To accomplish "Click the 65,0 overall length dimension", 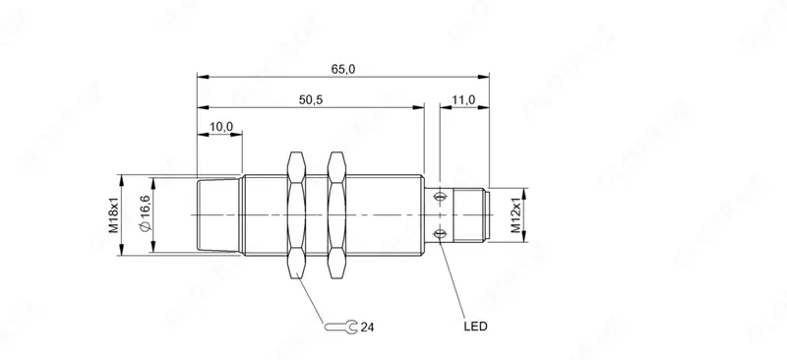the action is (343, 69).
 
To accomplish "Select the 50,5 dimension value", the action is (311, 100).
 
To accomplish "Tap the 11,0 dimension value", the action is (463, 100).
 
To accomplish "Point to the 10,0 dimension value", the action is (220, 127).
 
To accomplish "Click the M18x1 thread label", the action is (114, 214).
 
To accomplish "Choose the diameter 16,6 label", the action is (145, 214).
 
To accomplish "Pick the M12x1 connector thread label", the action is (515, 215).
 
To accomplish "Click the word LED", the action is (475, 327).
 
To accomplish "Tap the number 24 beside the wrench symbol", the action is (367, 328).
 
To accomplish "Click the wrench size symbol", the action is (341, 328).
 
